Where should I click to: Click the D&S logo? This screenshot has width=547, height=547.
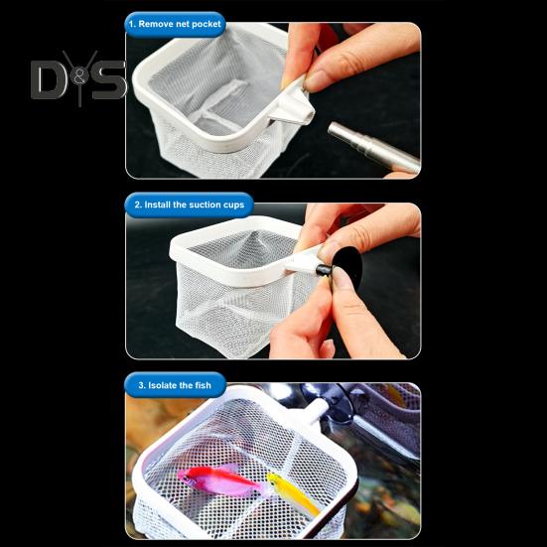coord(78,78)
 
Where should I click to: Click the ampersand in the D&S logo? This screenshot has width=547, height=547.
coord(79,77)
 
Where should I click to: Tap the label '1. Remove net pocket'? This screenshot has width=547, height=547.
coord(175,24)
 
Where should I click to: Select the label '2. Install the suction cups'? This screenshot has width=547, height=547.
coord(190,205)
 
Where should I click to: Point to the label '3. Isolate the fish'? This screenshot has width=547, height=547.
coord(175,385)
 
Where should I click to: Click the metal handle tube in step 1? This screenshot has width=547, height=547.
coord(373,147)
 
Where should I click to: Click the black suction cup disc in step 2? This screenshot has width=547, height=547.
coord(345,269)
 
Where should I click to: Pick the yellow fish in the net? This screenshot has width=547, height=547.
coord(292,492)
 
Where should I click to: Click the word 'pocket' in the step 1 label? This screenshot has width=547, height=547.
coord(206,25)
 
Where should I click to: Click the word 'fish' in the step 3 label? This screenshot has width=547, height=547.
coord(204,385)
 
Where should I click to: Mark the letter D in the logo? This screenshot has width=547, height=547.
coord(48,79)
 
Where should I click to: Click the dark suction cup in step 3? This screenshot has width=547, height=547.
coord(335,405)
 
